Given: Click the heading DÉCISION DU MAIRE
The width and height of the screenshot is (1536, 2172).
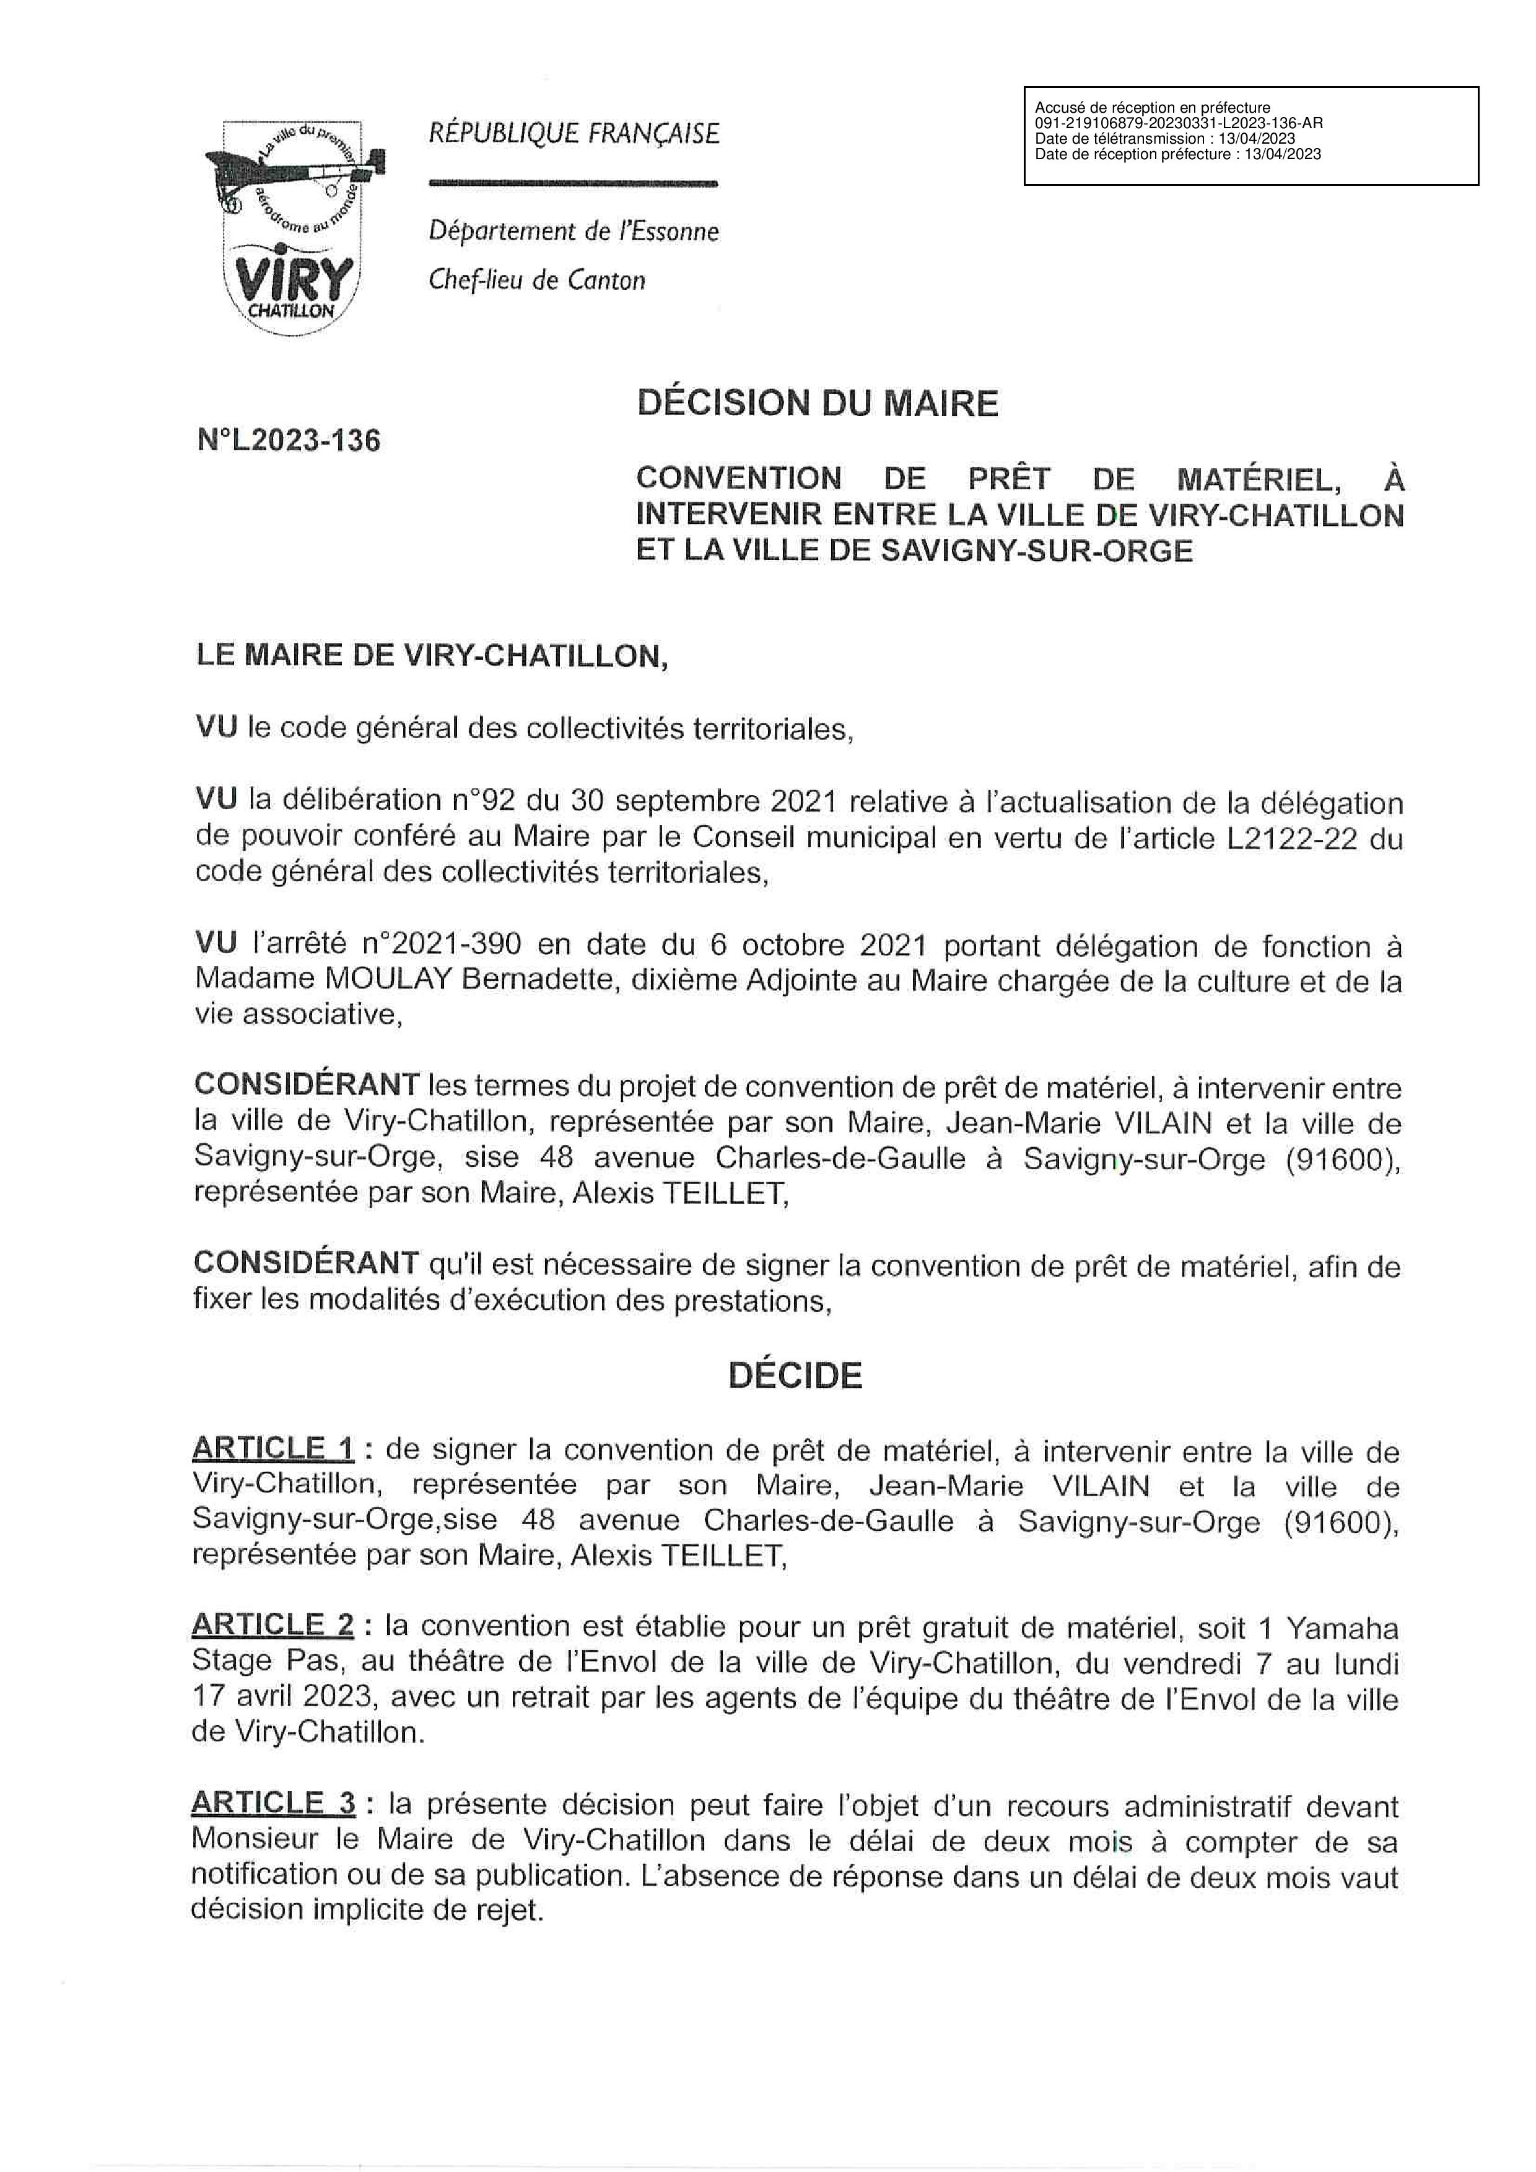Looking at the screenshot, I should tap(817, 404).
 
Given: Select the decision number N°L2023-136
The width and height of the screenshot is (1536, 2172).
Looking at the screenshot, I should tap(289, 441).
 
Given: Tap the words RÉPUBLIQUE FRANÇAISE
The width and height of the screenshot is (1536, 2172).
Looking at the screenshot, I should tap(574, 133).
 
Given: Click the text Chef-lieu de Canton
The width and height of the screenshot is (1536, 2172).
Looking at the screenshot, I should tap(537, 280).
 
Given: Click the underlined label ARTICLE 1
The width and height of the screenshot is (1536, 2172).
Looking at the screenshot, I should tap(273, 1449).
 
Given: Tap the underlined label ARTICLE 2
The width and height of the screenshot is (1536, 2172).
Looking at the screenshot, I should tap(273, 1625).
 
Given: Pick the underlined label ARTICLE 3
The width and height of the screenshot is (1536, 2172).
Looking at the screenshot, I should tap(273, 1804).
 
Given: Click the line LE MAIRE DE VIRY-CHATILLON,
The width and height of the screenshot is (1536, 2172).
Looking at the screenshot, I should tap(431, 656).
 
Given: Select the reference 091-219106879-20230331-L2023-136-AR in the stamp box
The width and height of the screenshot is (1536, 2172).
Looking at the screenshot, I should tap(1179, 123).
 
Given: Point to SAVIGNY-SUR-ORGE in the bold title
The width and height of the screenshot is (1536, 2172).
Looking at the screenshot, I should tap(1037, 551).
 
